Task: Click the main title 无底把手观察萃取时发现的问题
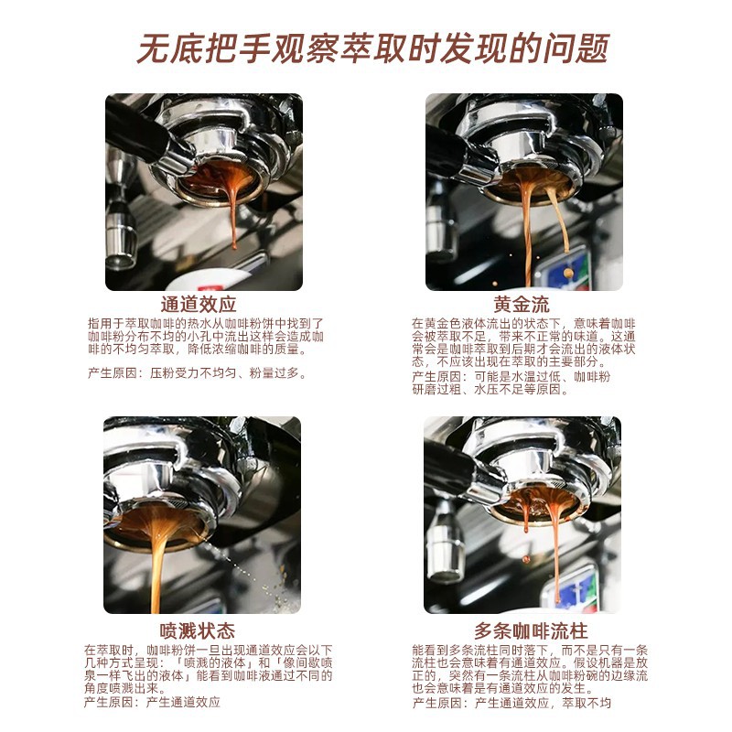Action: pos(373,48)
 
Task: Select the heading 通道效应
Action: pos(199,305)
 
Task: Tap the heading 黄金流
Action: pos(522,305)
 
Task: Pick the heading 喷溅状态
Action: pos(197,630)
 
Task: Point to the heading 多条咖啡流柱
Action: pos(531,630)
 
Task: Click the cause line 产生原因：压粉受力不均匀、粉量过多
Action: pos(197,373)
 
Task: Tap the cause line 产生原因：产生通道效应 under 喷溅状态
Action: pos(152,702)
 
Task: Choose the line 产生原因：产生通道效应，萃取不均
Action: pos(511,703)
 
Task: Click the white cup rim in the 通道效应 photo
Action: pos(210,279)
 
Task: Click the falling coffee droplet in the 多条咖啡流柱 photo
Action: pos(526,559)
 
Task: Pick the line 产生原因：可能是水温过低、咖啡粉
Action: pos(511,376)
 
